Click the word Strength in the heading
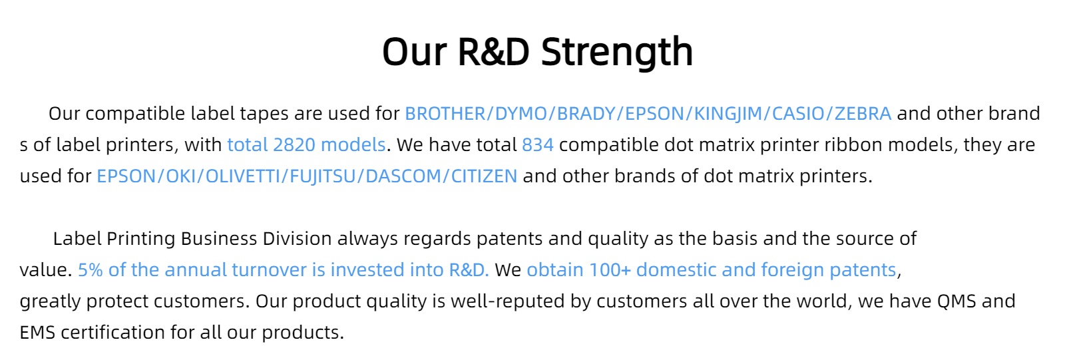pyautogui.click(x=616, y=53)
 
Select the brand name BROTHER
pyautogui.click(x=445, y=114)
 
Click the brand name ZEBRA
pyautogui.click(x=863, y=114)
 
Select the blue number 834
pyautogui.click(x=538, y=144)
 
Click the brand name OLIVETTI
pyautogui.click(x=242, y=176)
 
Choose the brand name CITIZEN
pyautogui.click(x=484, y=176)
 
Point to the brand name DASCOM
pyautogui.click(x=403, y=176)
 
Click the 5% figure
pyautogui.click(x=91, y=270)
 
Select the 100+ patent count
pyautogui.click(x=610, y=270)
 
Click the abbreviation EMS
pyautogui.click(x=37, y=333)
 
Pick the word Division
pyautogui.click(x=297, y=238)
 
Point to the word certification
pyautogui.click(x=112, y=333)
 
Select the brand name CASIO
pyautogui.click(x=798, y=114)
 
